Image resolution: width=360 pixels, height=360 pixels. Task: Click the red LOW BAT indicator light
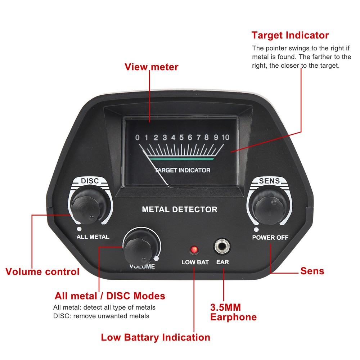tap(194, 249)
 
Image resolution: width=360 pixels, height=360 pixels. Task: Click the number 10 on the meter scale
tap(225, 137)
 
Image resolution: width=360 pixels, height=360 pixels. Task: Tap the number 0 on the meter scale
tap(137, 137)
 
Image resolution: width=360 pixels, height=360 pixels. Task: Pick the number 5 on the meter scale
tap(181, 137)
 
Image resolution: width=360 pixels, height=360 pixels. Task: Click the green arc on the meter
tap(181, 158)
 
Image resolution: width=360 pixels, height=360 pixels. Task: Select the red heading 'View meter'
tap(151, 67)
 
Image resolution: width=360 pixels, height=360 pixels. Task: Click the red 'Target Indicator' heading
tap(290, 35)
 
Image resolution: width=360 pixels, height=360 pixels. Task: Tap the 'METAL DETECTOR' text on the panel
tap(180, 209)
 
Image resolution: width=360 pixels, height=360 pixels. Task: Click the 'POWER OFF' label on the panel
tap(270, 238)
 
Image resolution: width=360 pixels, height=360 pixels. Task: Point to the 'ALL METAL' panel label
tap(93, 237)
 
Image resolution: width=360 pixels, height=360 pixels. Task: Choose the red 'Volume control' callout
tap(42, 271)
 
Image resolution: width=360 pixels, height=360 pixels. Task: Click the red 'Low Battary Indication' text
tap(155, 337)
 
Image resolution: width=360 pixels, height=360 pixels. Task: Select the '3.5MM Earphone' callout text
tap(233, 312)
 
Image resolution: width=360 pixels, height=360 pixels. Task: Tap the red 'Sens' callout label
tap(312, 271)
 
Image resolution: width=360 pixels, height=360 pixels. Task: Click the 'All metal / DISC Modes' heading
tap(110, 296)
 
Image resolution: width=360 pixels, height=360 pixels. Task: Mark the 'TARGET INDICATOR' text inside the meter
tap(183, 170)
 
